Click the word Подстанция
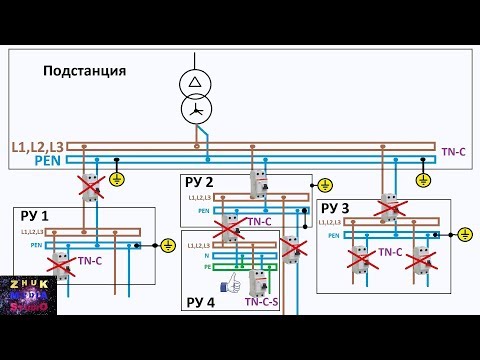coord(84,71)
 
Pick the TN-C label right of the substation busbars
coord(454,152)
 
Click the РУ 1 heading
coord(31,215)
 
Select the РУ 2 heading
coord(198,182)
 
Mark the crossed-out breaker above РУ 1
coord(91,186)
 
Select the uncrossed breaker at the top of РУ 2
coord(260,184)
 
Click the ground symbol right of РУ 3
coord(464,234)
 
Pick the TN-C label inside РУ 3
coord(390,253)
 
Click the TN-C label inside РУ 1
coord(90,260)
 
